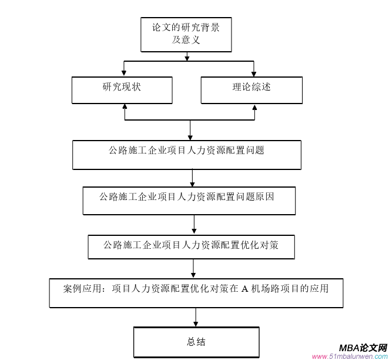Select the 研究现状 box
coord(122,90)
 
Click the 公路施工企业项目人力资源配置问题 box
coord(187,154)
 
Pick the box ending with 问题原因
coord(189,201)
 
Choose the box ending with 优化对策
coord(191,246)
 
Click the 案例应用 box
coord(195,292)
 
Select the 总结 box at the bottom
coord(196,342)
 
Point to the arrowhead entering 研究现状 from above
coord(124,73)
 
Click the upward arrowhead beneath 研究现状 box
coord(125,108)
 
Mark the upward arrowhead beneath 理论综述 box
coord(254,108)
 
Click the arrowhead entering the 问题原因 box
coord(193,184)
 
